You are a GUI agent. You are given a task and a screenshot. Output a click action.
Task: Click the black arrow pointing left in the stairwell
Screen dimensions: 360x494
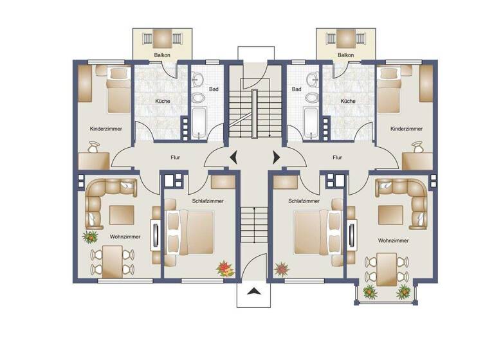click(x=232, y=156)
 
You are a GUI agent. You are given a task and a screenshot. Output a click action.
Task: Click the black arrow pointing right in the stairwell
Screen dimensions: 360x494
click(x=277, y=156)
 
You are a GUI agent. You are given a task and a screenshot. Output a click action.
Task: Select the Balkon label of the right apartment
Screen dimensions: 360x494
click(x=345, y=55)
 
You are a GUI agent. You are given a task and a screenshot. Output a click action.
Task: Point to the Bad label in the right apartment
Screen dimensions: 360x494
click(x=297, y=89)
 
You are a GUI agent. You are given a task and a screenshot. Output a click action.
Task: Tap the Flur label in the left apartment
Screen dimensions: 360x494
click(x=174, y=156)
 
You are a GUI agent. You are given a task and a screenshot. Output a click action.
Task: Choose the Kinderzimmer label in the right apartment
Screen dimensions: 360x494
click(x=407, y=129)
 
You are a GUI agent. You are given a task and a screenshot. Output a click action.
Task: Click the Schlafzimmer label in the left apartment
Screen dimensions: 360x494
click(x=208, y=201)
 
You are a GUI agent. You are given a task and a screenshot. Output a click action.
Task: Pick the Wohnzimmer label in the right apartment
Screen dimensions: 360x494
click(x=394, y=240)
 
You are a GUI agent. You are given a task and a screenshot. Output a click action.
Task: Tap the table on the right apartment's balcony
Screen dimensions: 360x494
click(x=345, y=37)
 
